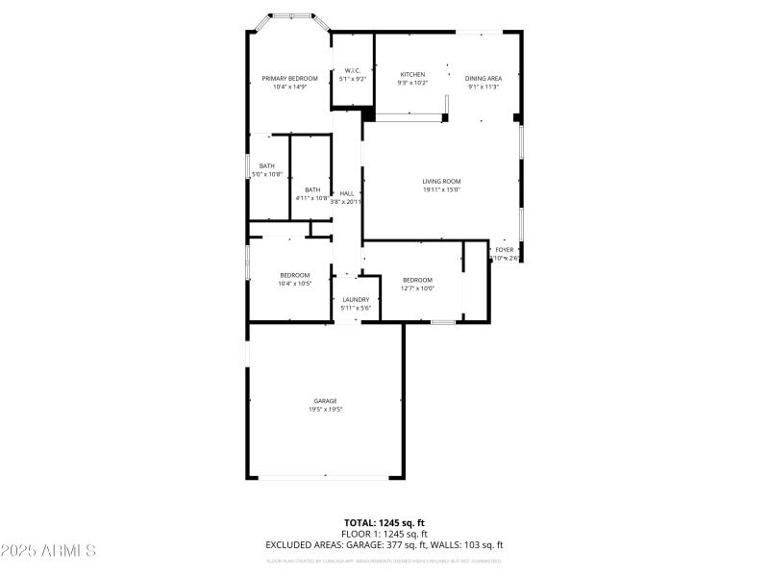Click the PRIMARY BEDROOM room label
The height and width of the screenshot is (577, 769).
(x=289, y=78)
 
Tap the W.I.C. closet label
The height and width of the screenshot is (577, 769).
(x=352, y=70)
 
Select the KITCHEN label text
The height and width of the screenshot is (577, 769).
(x=412, y=74)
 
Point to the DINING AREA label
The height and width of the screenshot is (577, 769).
(x=484, y=78)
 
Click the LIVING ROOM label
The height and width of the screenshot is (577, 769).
(x=441, y=181)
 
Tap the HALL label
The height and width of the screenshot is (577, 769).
(x=346, y=193)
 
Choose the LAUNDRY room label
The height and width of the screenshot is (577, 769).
(x=356, y=299)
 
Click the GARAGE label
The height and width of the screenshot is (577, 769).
(x=325, y=400)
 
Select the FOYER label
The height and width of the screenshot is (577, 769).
(x=504, y=249)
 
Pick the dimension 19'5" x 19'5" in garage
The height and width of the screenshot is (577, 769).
(x=325, y=410)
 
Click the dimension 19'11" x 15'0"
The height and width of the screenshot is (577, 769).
(x=441, y=189)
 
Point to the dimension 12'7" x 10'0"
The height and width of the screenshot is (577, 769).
(x=417, y=288)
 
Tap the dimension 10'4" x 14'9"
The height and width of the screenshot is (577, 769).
(x=289, y=88)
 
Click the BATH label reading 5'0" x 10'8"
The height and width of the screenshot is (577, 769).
(x=266, y=165)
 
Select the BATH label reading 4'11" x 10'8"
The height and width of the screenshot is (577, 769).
(x=312, y=189)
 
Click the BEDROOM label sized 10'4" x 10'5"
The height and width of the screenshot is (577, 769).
(x=295, y=275)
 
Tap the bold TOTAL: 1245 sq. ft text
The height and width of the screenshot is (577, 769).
(x=384, y=522)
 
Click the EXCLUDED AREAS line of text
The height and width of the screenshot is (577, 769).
(x=384, y=545)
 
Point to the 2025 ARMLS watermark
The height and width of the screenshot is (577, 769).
(x=48, y=551)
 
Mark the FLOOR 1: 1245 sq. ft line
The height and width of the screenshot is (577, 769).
(x=384, y=534)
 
